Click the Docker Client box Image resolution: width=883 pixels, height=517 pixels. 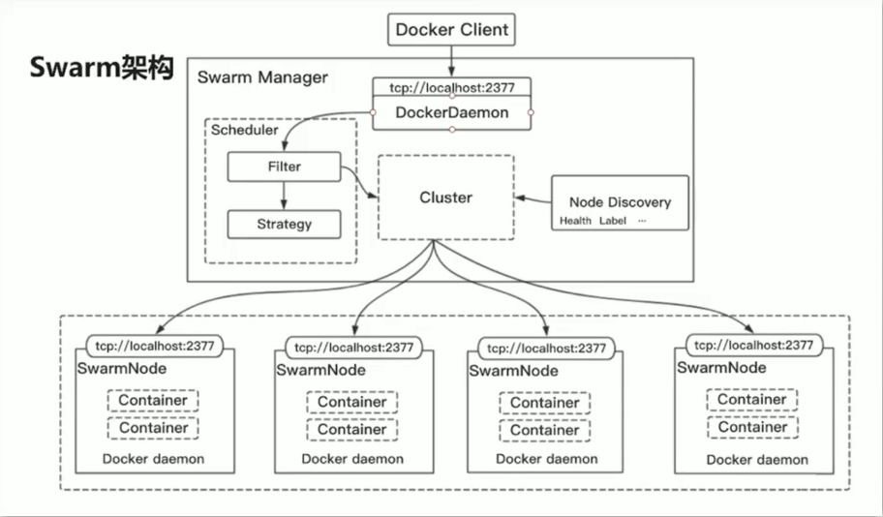(450, 30)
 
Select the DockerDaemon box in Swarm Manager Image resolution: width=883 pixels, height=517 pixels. (451, 112)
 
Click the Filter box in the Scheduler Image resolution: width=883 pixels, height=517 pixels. (284, 167)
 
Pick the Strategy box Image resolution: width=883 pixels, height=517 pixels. (284, 224)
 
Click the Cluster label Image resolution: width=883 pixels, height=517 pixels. (445, 198)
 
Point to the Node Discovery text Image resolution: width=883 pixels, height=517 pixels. (620, 202)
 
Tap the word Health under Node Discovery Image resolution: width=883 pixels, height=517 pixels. (575, 221)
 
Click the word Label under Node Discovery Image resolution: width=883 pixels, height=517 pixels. (613, 221)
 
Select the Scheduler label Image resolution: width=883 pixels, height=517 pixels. (244, 130)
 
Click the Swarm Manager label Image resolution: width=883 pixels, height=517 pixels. (262, 77)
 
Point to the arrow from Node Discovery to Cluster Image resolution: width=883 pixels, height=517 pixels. (532, 198)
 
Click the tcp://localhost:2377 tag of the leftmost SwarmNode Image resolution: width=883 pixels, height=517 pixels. (156, 345)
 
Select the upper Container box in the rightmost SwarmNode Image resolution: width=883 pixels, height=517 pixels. (751, 400)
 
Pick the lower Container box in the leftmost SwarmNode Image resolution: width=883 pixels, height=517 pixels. (153, 427)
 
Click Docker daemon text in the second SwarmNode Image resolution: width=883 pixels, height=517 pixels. (352, 459)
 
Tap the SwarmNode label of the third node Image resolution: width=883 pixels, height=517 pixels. (513, 371)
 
